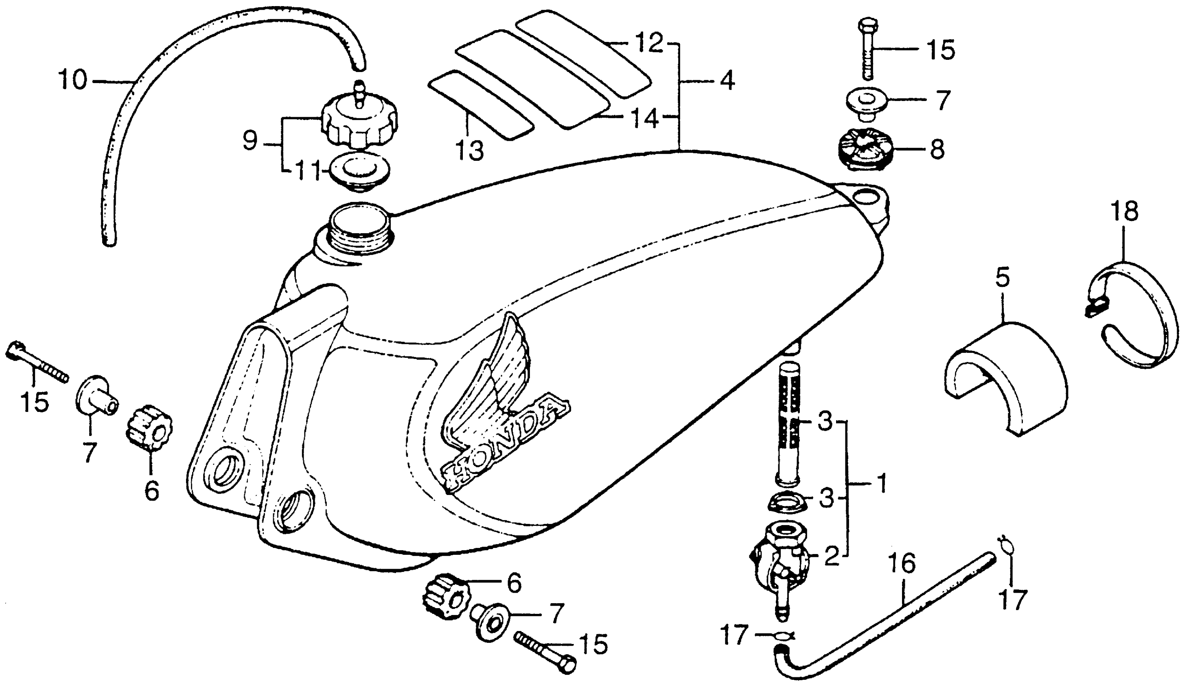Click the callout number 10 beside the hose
[73, 80]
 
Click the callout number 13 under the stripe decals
[469, 150]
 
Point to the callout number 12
[649, 44]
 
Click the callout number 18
[1125, 211]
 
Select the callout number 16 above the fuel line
[901, 563]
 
